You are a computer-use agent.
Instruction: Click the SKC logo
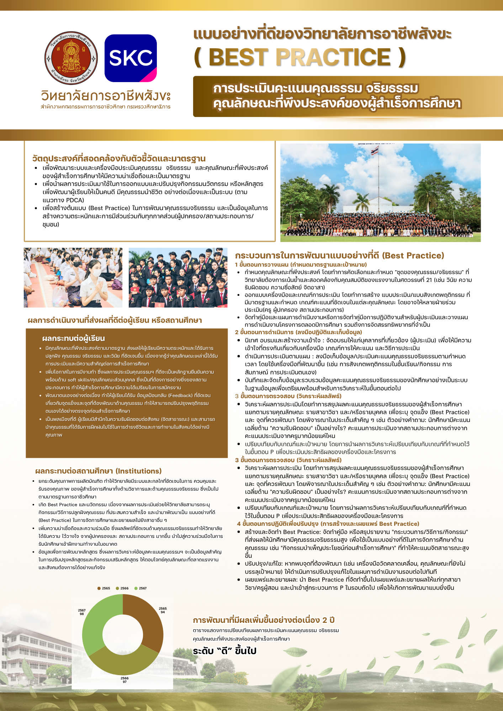point(131,58)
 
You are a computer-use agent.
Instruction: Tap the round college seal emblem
point(71,58)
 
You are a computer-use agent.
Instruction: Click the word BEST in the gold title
point(238,57)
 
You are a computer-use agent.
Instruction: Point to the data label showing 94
point(163,610)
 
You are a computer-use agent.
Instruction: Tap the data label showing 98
point(82,612)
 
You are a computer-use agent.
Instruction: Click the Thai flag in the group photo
point(374,151)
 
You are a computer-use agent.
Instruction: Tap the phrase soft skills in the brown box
point(79,380)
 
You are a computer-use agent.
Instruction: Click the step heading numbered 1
point(301,264)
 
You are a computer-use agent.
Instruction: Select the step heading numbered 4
point(328,524)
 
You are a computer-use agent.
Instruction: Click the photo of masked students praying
point(73,278)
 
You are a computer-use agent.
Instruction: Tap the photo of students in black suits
point(178,278)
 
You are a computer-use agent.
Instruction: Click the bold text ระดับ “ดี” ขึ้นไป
point(224,651)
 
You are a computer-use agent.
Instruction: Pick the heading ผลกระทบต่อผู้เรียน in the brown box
point(73,338)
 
